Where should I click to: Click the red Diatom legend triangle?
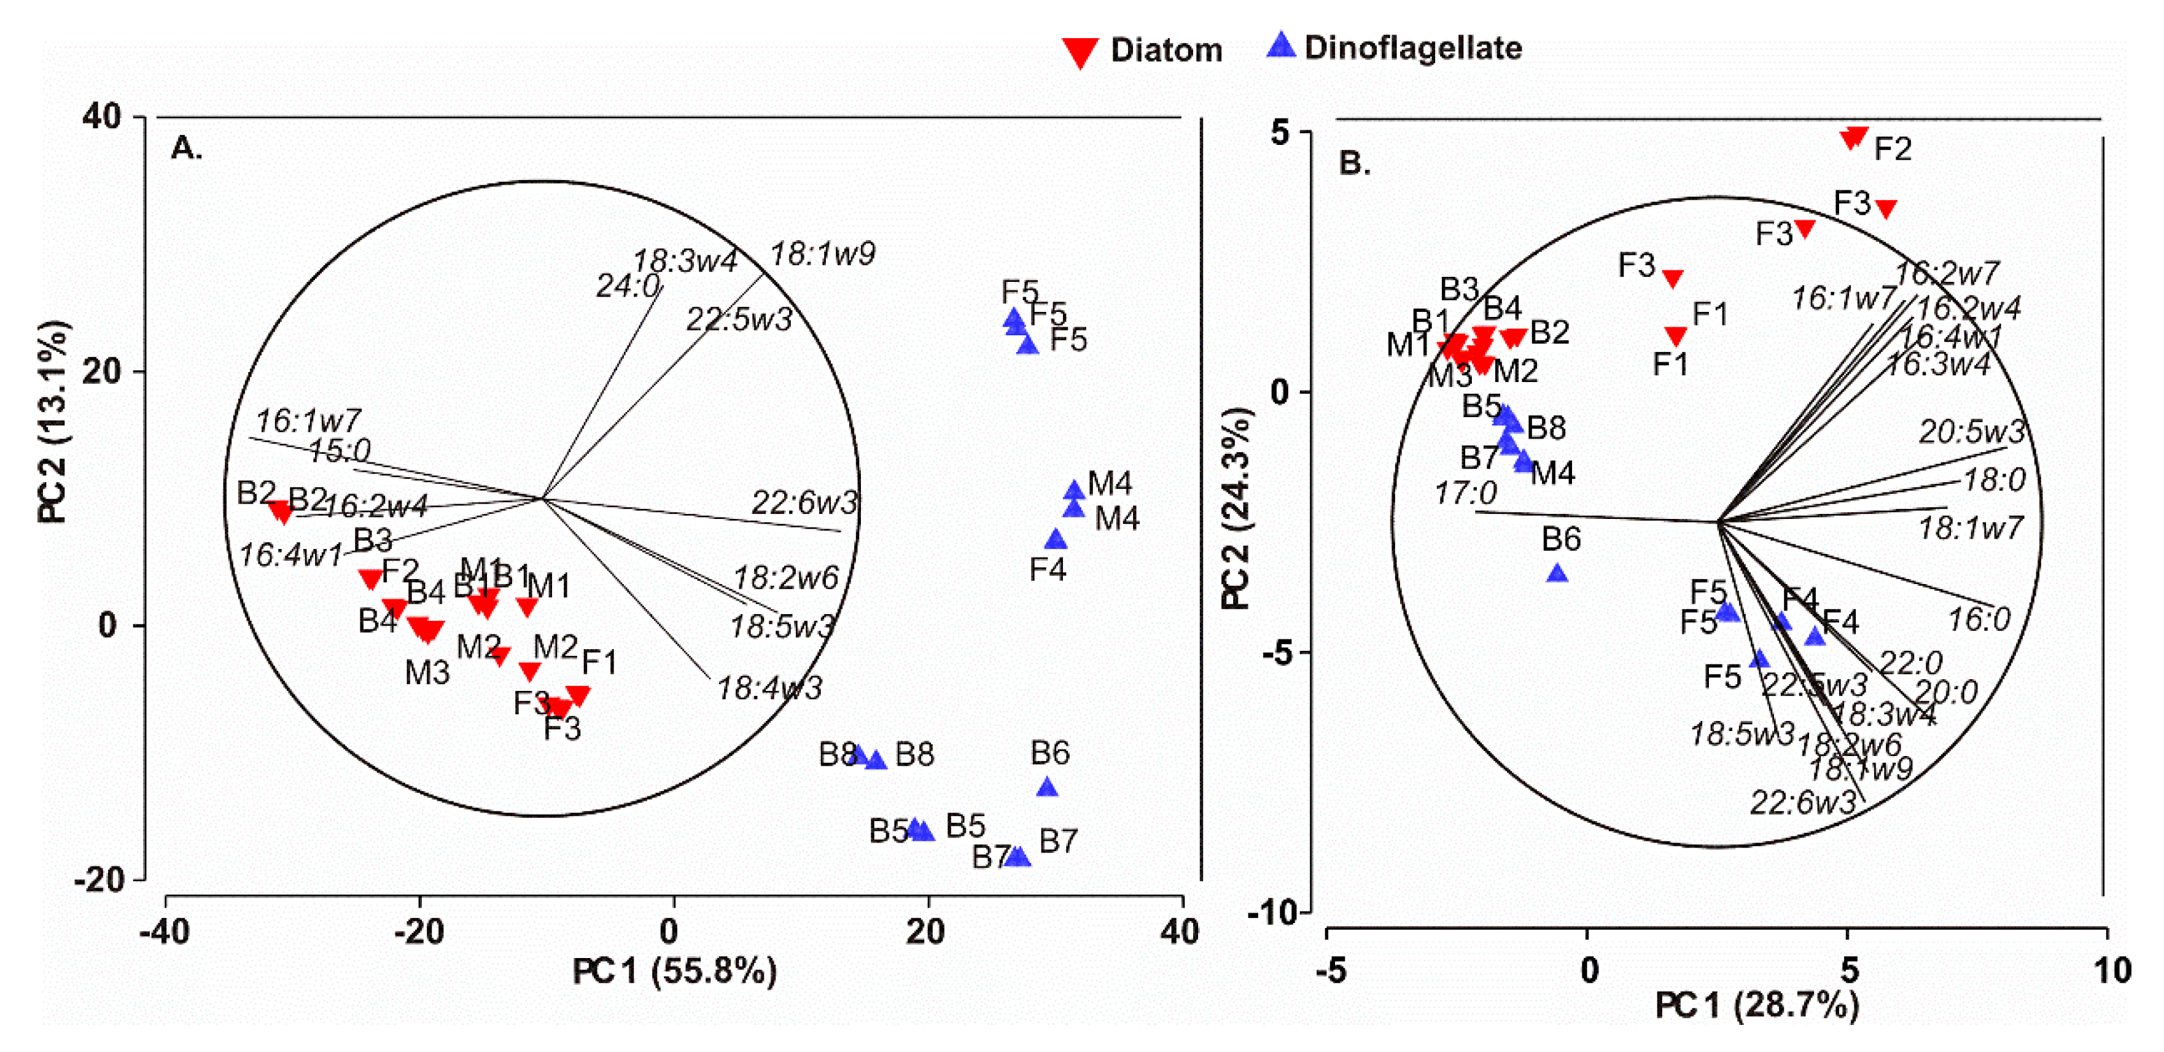pos(1080,52)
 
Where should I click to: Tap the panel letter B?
pos(1353,162)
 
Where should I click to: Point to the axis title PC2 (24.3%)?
pos(1237,508)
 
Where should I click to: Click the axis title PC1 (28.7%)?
pos(1757,1005)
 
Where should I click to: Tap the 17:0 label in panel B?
pos(1465,493)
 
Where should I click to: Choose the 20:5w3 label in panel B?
pos(1971,432)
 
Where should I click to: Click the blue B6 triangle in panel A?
pos(1047,787)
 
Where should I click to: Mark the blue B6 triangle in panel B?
pos(1557,574)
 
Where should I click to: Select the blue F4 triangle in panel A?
pos(1056,539)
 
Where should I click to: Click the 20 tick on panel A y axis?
pos(103,372)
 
